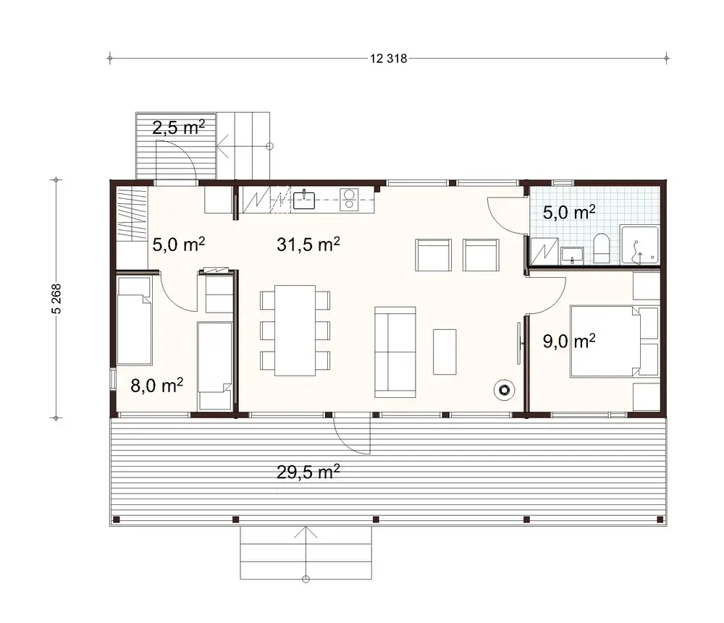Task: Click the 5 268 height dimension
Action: coord(54,297)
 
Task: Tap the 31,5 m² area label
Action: coord(308,245)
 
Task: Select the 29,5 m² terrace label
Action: coord(308,472)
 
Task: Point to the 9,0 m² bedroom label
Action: coord(569,341)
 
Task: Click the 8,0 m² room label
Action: coord(156,385)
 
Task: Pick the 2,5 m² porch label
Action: coord(178,128)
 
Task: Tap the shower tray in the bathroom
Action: coord(639,245)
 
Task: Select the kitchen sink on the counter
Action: coord(304,199)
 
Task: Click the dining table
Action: coord(294,330)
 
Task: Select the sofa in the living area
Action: coord(395,352)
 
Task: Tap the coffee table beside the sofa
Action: coord(445,352)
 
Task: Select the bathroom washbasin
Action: coord(572,254)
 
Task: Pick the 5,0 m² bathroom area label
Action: coord(569,212)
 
